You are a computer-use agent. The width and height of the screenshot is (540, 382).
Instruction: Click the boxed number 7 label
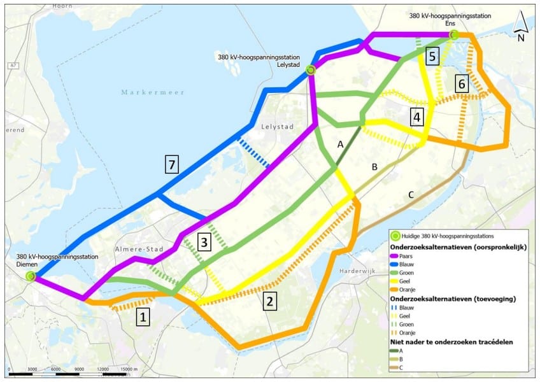pyautogui.click(x=170, y=165)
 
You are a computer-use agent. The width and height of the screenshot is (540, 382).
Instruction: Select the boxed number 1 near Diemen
pyautogui.click(x=143, y=316)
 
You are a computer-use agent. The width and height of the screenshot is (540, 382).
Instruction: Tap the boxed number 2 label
pyautogui.click(x=271, y=301)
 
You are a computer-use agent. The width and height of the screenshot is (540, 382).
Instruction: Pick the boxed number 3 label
pyautogui.click(x=203, y=242)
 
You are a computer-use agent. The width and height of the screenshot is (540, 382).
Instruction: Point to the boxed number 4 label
pyautogui.click(x=416, y=117)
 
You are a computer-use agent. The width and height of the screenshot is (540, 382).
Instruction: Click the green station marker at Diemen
pyautogui.click(x=31, y=276)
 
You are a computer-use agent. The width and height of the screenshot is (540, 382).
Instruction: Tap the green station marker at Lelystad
pyautogui.click(x=310, y=70)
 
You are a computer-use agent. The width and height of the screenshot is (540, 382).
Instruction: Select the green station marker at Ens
pyautogui.click(x=453, y=35)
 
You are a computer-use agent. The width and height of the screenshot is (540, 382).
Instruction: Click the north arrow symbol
pyautogui.click(x=520, y=27)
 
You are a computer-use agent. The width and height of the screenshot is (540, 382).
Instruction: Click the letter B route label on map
pyautogui.click(x=375, y=167)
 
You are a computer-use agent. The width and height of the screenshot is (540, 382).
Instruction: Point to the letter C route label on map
pyautogui.click(x=411, y=195)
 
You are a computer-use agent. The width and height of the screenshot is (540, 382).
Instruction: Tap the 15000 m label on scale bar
pyautogui.click(x=131, y=369)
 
